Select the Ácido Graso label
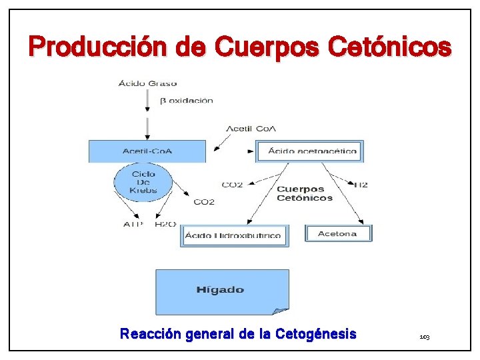pyautogui.click(x=147, y=83)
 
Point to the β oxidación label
pyautogui.click(x=186, y=101)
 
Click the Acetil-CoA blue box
pyautogui.click(x=147, y=151)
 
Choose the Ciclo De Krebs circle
pyautogui.click(x=143, y=182)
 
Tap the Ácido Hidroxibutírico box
pyautogui.click(x=233, y=235)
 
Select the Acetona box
pyautogui.click(x=338, y=233)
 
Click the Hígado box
pyautogui.click(x=221, y=290)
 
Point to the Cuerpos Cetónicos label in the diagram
pyautogui.click(x=304, y=193)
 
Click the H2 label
pyautogui.click(x=361, y=185)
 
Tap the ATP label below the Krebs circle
pyautogui.click(x=133, y=225)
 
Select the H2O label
pyautogui.click(x=165, y=225)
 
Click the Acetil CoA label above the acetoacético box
pyautogui.click(x=251, y=129)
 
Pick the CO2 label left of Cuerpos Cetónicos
pyautogui.click(x=232, y=185)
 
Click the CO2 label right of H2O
pyautogui.click(x=204, y=202)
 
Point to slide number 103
pyautogui.click(x=425, y=338)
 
